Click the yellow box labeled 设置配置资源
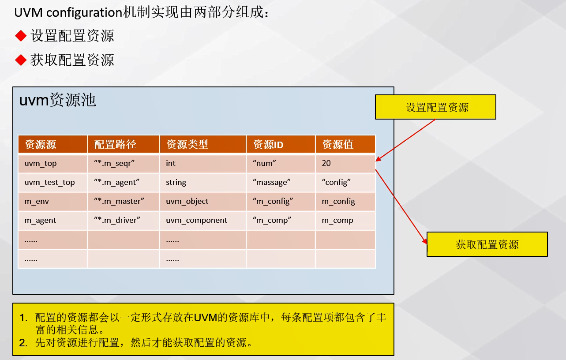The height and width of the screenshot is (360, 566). (435, 107)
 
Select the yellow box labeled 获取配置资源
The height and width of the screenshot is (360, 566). (487, 244)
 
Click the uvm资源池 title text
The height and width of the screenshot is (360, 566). (57, 100)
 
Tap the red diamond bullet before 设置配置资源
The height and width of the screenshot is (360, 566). (21, 36)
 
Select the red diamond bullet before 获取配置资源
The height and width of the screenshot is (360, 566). (21, 60)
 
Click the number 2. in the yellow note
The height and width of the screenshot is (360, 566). (23, 342)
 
